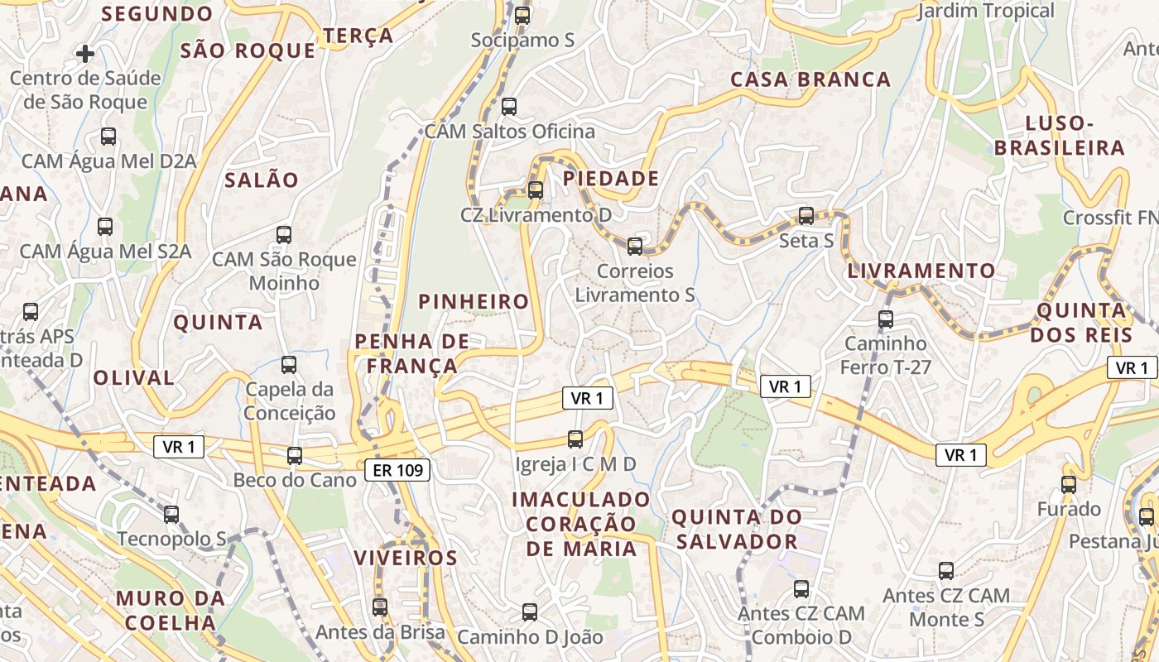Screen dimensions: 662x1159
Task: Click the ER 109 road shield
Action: [397, 471]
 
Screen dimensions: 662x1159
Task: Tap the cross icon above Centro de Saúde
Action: [84, 54]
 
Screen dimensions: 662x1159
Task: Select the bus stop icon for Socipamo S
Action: [522, 15]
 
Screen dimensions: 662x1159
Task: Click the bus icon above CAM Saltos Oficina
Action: [509, 106]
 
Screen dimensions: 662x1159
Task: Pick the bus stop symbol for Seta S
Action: [806, 216]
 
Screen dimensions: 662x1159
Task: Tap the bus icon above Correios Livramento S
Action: [635, 246]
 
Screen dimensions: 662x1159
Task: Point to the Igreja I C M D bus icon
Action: [575, 439]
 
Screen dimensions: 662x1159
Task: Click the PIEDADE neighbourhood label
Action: [612, 179]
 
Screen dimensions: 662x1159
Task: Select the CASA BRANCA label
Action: [810, 79]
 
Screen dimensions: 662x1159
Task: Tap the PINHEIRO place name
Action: [474, 302]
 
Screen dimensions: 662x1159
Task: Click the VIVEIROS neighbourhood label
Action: [406, 558]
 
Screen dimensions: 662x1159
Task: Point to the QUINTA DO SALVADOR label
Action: [736, 530]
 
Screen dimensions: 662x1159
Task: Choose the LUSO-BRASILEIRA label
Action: [1060, 136]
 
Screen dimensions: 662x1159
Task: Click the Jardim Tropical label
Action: [987, 11]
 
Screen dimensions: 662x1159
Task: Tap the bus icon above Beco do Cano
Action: [295, 455]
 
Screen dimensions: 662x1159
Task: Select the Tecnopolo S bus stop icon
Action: [171, 514]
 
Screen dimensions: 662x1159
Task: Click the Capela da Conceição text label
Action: [290, 401]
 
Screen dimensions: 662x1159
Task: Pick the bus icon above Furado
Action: [1069, 484]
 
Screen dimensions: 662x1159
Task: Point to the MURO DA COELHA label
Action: [171, 610]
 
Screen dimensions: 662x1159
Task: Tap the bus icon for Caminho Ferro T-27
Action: [886, 319]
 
